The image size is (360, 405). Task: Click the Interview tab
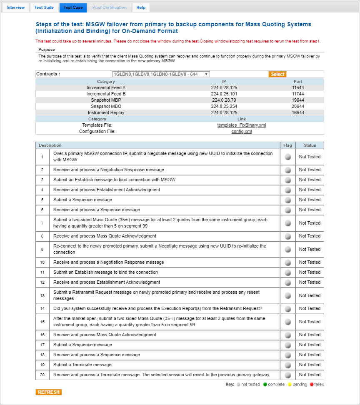click(16, 7)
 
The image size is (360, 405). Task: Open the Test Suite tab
click(44, 7)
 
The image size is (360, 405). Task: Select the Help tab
click(141, 7)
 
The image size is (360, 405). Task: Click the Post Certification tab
click(110, 7)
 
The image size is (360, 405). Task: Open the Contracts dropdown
click(160, 74)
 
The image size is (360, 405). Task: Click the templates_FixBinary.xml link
click(242, 125)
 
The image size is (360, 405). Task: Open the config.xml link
click(242, 131)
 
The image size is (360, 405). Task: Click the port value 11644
click(298, 87)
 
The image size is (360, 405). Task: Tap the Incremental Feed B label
click(106, 94)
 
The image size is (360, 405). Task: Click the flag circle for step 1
click(287, 157)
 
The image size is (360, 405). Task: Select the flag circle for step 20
click(287, 375)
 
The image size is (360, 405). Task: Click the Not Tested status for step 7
click(310, 223)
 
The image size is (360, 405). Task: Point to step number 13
click(42, 295)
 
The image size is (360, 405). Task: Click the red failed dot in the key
click(312, 385)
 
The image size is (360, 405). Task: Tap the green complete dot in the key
click(265, 385)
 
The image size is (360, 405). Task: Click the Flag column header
click(287, 145)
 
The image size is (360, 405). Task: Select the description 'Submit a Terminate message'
click(82, 365)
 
